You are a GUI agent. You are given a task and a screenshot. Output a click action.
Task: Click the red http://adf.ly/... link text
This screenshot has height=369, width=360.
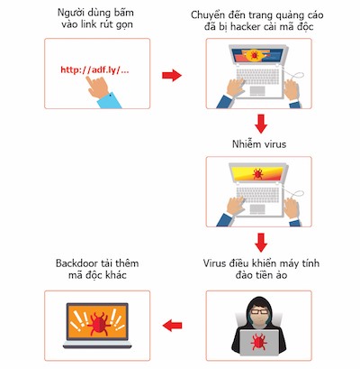coord(94,70)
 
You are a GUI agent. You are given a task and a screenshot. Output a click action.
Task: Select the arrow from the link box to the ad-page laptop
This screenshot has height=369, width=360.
coord(172,75)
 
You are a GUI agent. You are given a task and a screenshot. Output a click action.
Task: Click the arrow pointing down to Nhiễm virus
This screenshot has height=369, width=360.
coord(261,124)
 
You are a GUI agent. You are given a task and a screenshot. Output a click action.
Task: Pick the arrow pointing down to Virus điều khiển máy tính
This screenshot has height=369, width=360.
coord(261,243)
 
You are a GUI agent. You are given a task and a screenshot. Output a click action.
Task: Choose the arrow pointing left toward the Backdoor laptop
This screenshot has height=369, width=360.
coord(172,326)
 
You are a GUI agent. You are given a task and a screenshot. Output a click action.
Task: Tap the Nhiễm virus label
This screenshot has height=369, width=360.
coord(259,144)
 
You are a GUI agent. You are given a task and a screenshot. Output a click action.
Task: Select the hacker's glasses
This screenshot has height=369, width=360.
coord(259,311)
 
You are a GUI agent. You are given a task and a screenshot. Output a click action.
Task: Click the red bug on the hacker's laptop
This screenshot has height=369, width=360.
coord(258,342)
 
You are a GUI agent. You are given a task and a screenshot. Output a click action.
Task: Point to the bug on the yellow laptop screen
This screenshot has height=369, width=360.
coord(257,174)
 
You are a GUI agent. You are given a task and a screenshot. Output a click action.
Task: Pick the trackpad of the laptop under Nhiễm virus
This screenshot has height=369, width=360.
coord(257,208)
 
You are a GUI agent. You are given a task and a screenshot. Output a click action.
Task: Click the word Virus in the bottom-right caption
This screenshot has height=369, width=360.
coord(214,263)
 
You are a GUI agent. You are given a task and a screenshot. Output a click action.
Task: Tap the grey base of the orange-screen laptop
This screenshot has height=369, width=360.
coord(97,345)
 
